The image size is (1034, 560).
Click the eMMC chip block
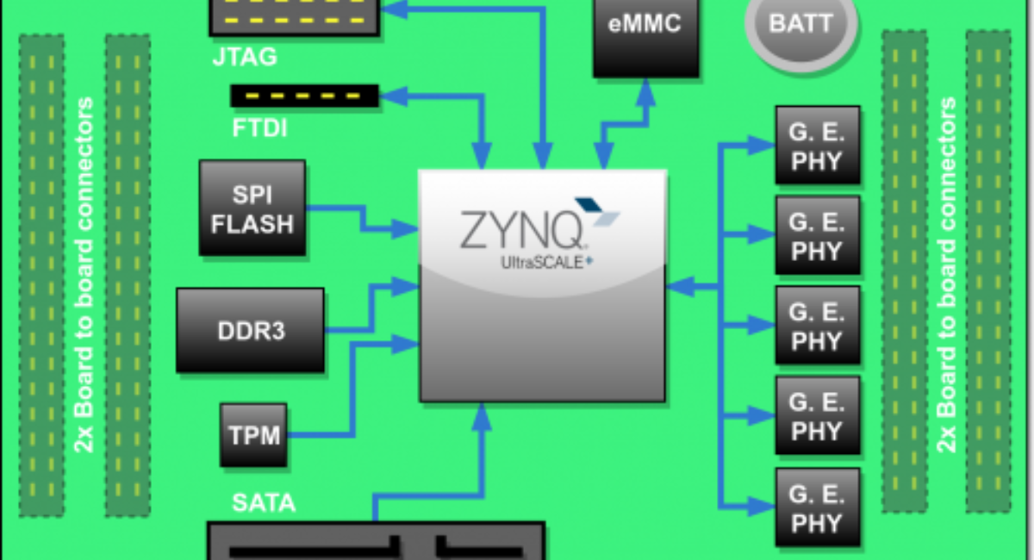(645, 34)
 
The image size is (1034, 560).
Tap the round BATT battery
(800, 26)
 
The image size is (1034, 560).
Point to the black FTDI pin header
(304, 95)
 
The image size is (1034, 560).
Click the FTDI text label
(259, 129)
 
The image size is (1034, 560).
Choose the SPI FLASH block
(252, 208)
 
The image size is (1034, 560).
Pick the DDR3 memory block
(250, 330)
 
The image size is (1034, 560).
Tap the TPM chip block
(254, 434)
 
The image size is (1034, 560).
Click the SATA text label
(264, 502)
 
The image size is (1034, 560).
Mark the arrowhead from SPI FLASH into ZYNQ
(406, 228)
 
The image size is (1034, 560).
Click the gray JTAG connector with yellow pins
(296, 16)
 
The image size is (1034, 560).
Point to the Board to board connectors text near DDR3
(84, 276)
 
